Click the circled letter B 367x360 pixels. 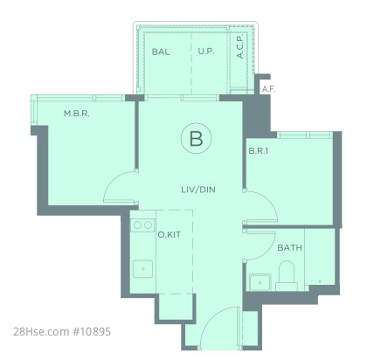click(x=196, y=138)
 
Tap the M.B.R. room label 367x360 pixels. click(x=77, y=114)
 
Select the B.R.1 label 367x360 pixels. click(x=259, y=151)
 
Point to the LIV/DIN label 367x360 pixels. click(x=198, y=190)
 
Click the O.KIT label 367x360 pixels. click(x=169, y=234)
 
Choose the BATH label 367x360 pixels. click(x=289, y=248)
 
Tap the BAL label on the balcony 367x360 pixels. click(x=161, y=52)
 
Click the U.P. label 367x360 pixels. click(x=206, y=52)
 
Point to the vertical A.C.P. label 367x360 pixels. click(x=240, y=47)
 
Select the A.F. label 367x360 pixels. click(x=268, y=89)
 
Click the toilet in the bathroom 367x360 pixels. click(x=287, y=275)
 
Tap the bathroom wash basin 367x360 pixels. click(x=260, y=282)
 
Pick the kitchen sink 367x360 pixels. click(x=142, y=269)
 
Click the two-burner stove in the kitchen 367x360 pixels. click(x=142, y=225)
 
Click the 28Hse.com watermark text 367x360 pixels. click(x=40, y=332)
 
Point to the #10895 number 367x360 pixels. click(x=92, y=332)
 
